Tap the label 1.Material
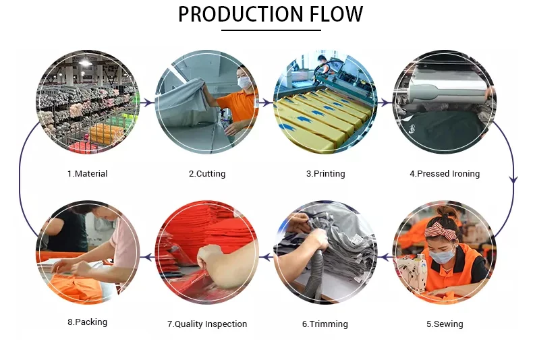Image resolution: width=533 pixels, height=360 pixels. [x=87, y=174]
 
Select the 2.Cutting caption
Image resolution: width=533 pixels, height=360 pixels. [x=206, y=174]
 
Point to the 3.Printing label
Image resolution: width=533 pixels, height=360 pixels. [x=325, y=174]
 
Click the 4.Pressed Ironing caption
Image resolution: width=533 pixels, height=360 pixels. [x=445, y=174]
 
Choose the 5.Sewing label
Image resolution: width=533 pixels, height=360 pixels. [x=445, y=324]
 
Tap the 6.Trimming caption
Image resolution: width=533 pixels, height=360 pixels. [x=325, y=324]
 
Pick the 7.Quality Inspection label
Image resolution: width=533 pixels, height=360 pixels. [x=207, y=324]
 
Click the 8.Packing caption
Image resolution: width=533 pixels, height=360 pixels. [x=87, y=322]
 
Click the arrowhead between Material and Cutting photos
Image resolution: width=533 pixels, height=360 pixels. [x=147, y=103]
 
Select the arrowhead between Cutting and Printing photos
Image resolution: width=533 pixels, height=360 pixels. [x=266, y=103]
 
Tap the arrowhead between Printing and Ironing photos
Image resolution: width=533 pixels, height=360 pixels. [x=385, y=103]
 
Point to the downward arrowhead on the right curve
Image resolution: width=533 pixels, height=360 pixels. [x=513, y=180]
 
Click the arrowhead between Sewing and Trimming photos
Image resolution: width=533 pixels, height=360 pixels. [x=385, y=257]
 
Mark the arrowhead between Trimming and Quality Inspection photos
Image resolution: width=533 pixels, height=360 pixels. [x=265, y=257]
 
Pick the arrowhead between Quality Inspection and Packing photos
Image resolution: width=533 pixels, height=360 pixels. [x=146, y=257]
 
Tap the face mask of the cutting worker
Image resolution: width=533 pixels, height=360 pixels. [x=244, y=82]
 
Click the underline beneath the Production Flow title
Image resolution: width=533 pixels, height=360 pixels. [x=271, y=30]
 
